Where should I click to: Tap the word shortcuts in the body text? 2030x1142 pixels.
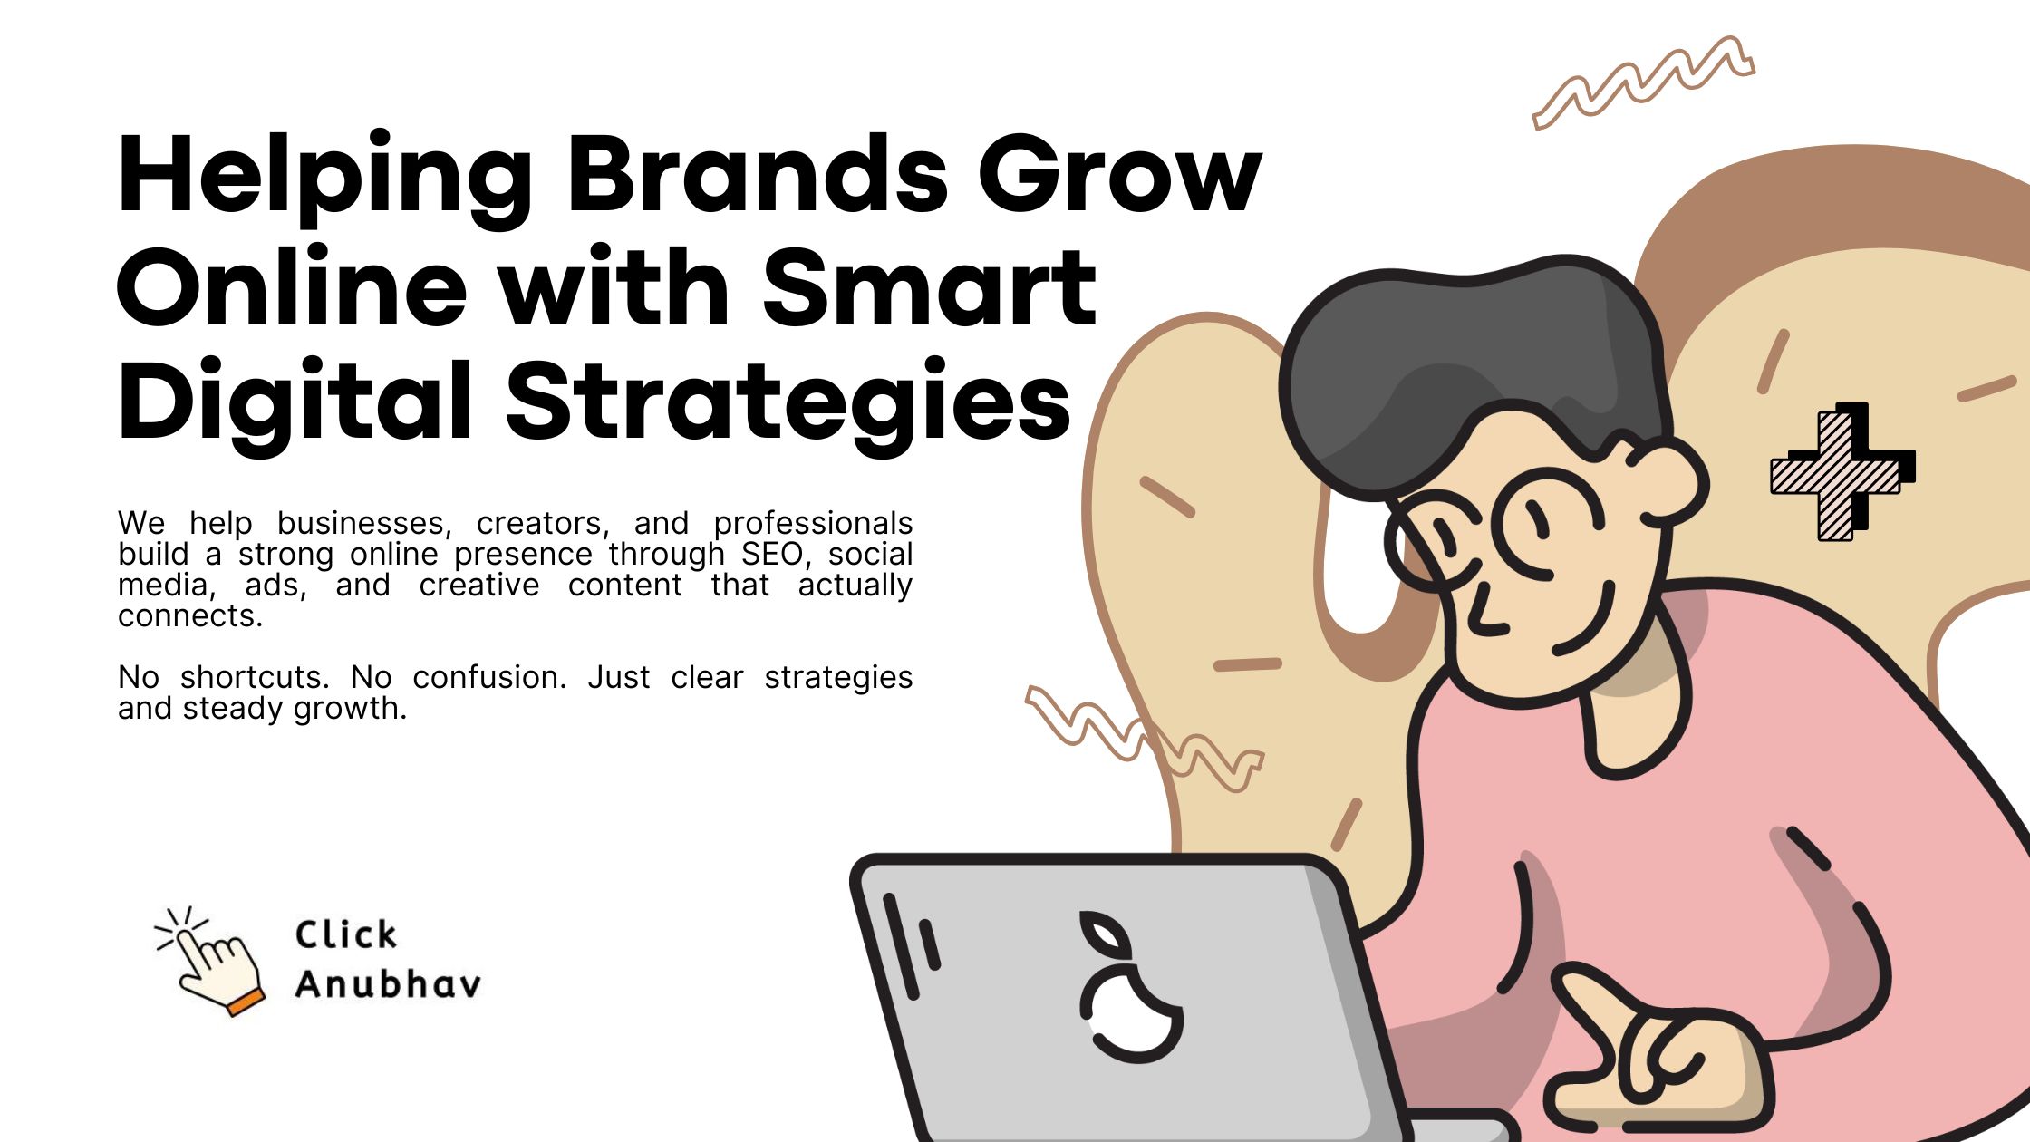pyautogui.click(x=254, y=677)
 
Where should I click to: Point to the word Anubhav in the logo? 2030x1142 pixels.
pyautogui.click(x=388, y=984)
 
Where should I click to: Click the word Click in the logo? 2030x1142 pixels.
pyautogui.click(x=345, y=934)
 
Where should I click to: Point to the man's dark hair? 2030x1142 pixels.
pyautogui.click(x=1468, y=363)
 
